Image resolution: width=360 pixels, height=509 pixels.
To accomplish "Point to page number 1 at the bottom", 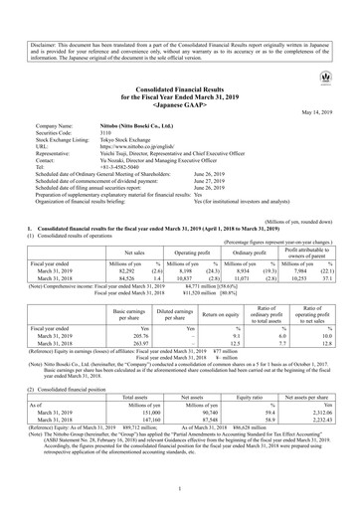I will click(x=180, y=490).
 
